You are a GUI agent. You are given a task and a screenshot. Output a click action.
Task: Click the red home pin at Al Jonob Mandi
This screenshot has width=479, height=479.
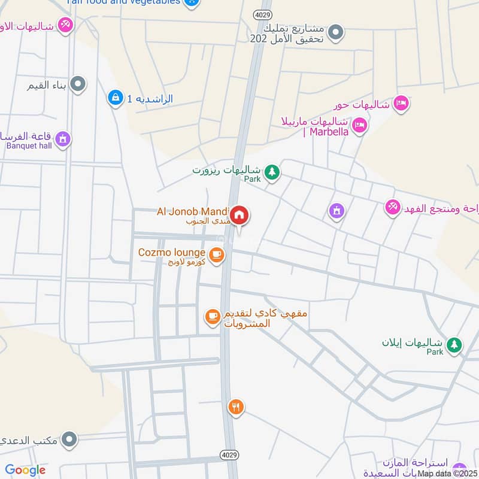[x=239, y=214]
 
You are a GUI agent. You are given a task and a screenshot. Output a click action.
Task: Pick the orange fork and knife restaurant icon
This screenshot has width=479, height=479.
[x=236, y=407]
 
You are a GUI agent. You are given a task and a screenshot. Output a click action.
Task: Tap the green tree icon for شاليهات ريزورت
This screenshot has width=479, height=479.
[x=272, y=172]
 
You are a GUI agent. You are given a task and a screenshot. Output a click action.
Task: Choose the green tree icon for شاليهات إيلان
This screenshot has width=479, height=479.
[x=455, y=344]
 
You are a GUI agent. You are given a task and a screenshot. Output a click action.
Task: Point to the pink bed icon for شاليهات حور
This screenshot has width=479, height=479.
[x=401, y=104]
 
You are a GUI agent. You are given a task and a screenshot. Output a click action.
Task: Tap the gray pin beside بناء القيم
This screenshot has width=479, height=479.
[x=77, y=85]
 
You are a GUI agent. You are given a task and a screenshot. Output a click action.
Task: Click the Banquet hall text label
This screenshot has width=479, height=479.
[x=30, y=145]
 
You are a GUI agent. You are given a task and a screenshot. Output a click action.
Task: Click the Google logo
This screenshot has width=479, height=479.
[x=25, y=470]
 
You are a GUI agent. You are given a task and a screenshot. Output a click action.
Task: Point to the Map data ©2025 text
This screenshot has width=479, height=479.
[x=447, y=474]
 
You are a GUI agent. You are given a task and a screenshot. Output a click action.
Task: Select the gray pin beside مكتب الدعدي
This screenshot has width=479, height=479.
[x=70, y=440]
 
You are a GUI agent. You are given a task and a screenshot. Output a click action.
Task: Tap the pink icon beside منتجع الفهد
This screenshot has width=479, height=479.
[x=392, y=207]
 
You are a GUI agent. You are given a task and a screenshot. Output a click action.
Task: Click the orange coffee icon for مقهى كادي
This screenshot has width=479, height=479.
[x=212, y=316]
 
